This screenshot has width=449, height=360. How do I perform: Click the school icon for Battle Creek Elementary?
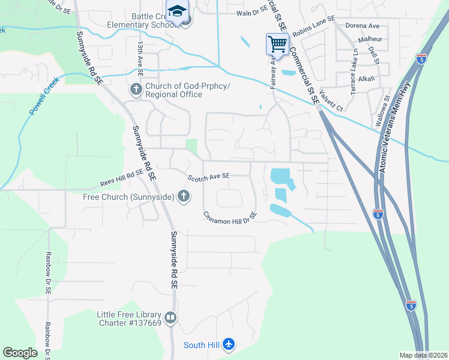[x=177, y=11]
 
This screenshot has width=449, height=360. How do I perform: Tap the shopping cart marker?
[x=277, y=43]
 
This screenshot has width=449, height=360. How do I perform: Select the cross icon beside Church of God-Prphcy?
[x=136, y=89]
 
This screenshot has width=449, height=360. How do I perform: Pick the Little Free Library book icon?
[x=170, y=317]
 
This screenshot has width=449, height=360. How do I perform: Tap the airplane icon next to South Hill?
[x=228, y=344]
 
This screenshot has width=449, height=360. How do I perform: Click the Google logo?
[x=20, y=352]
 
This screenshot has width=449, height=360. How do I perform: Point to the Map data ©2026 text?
[x=423, y=355]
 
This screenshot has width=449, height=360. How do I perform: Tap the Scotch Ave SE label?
[x=208, y=176]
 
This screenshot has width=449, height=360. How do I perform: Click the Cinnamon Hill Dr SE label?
[x=230, y=217]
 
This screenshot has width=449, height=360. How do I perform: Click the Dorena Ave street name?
[x=363, y=26]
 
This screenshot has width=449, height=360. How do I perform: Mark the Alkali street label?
[x=366, y=79]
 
